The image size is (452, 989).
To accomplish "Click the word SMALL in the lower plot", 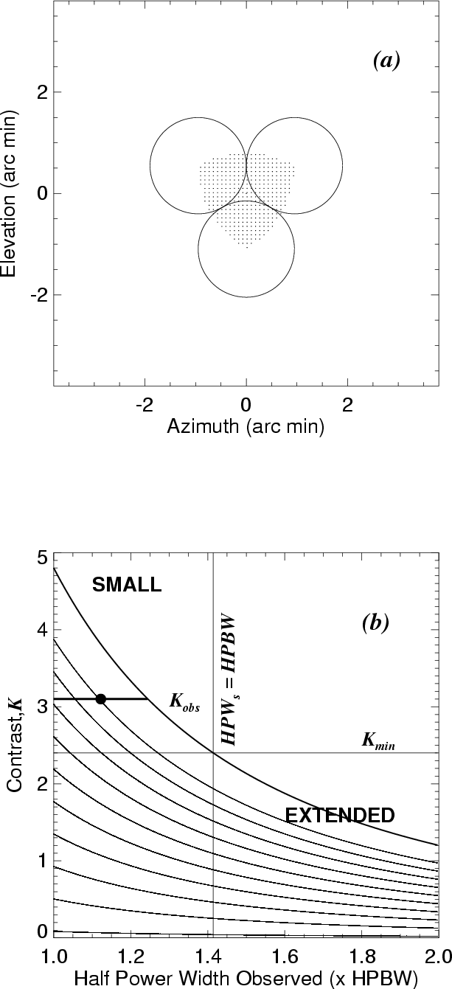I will pos(126,586).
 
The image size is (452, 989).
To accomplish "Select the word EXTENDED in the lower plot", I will pos(340,815).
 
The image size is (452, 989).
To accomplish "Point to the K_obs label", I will pos(185,703).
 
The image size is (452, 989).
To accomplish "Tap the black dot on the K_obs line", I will pos(101,698).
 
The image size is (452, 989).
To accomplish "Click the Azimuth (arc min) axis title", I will pos(246,426).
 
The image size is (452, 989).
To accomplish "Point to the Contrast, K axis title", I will pos(17,749).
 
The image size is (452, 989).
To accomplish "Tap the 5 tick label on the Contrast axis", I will pos(42,558).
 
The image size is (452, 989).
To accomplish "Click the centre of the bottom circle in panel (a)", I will pos(246,249).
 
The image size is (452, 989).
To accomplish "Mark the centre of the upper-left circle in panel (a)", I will pos(198,165).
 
